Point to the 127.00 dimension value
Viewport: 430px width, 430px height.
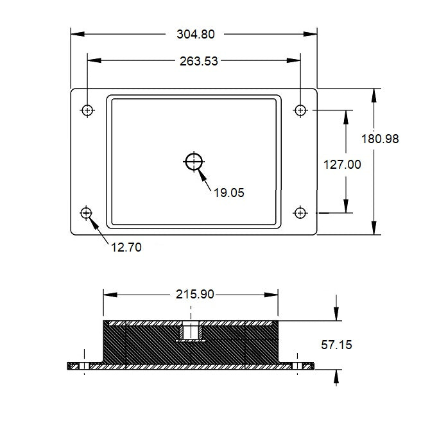coord(341,164)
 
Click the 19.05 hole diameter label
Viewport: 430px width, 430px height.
coord(228,192)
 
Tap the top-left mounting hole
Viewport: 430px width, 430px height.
coord(87,110)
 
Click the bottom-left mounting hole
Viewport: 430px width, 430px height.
coord(87,212)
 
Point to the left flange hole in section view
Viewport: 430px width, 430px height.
coord(84,366)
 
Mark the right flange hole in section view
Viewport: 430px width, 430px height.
coord(298,366)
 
